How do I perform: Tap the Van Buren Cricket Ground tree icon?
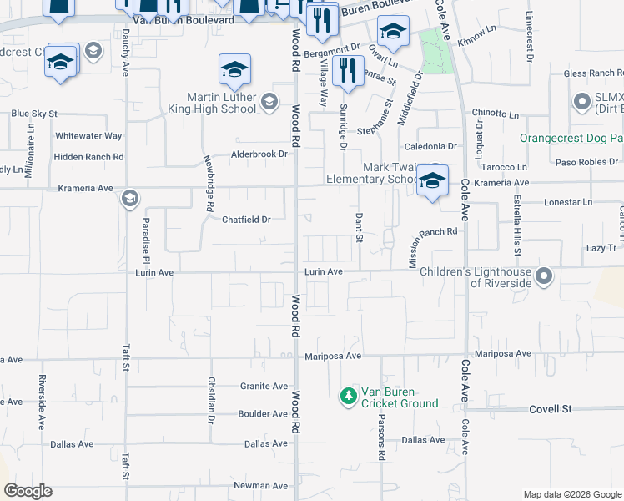pos(348,396)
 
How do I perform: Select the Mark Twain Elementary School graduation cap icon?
pos(431,181)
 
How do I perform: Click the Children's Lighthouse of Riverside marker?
pos(545,275)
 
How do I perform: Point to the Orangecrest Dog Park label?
pos(571,138)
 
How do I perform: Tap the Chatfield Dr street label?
pos(247,220)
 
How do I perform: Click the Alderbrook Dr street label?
pos(259,154)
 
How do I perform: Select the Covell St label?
pos(554,409)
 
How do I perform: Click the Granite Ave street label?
pos(264,386)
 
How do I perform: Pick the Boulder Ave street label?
pos(263,414)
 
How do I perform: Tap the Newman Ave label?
pos(260,485)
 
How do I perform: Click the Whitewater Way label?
pos(88,135)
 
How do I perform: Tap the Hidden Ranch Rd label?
pos(88,156)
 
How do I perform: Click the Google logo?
pos(28,491)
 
